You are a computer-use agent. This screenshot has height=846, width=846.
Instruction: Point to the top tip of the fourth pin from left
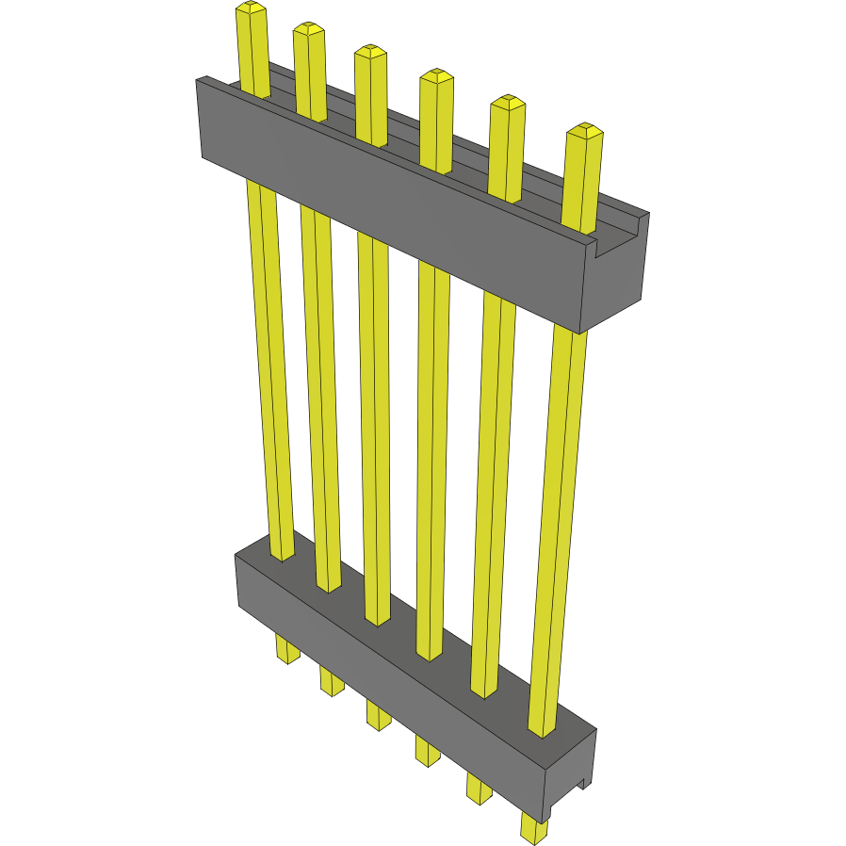coord(435,75)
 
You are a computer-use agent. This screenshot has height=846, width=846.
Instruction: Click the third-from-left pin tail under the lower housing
coord(378,715)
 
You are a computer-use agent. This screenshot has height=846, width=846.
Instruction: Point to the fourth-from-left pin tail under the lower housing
coord(427,750)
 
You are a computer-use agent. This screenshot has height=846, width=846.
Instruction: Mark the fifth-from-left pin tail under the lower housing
coord(479,788)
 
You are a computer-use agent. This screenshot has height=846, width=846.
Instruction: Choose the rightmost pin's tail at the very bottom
coord(534,829)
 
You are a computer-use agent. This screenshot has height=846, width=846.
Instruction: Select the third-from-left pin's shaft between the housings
coord(374,424)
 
